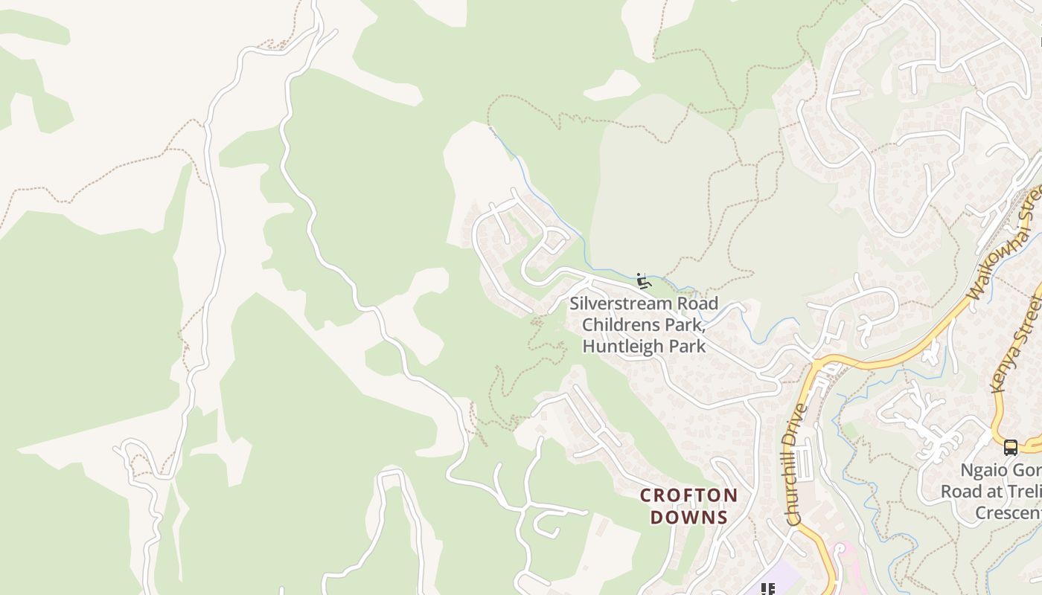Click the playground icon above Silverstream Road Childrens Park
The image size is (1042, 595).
pos(644,281)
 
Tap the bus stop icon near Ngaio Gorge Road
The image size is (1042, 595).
pos(1010,447)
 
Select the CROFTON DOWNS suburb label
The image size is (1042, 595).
pos(689,506)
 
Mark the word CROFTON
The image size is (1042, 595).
pos(689,495)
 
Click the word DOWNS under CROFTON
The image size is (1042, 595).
pos(689,517)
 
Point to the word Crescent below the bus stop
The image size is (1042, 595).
pos(1008,513)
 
